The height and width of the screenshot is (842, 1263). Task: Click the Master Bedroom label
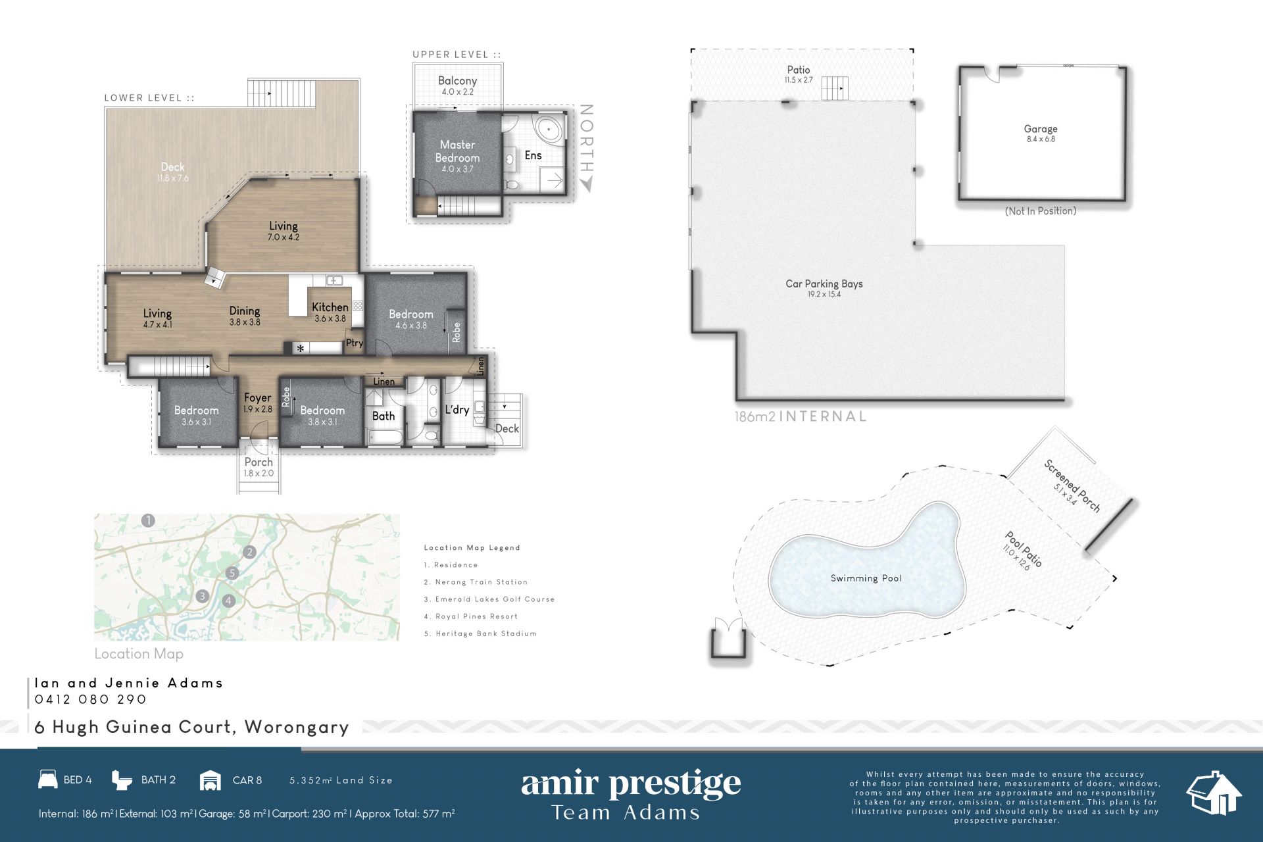coord(457,151)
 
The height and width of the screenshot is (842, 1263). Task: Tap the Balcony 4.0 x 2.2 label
coord(457,86)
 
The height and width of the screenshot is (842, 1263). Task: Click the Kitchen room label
coord(330,307)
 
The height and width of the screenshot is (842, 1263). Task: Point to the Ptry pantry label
coord(355,343)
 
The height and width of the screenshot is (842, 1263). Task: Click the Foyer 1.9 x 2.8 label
coord(257,403)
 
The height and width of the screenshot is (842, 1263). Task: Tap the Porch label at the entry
coord(259,462)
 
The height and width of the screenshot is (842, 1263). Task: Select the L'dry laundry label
coord(457,409)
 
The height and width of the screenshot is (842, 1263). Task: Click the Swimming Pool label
coord(866,578)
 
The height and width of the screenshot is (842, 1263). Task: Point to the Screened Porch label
coord(1072,485)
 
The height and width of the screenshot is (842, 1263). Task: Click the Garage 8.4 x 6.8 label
coord(1041,134)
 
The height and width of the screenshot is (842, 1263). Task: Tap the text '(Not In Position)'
coord(1041,211)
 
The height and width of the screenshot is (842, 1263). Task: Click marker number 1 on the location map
coord(149,521)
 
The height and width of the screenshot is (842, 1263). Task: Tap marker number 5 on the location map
coord(232,573)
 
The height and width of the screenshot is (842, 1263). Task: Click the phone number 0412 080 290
coord(91,699)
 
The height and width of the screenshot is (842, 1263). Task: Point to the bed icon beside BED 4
coord(48,780)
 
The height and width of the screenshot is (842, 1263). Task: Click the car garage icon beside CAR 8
coord(210,780)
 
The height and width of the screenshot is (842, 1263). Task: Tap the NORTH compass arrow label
coord(587,147)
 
